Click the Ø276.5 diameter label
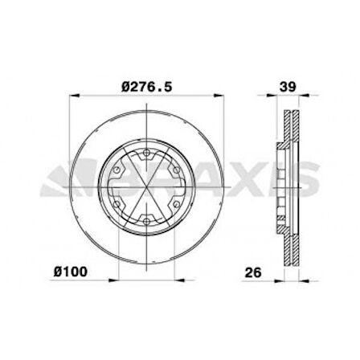[x=146, y=87]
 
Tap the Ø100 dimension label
[x=71, y=272]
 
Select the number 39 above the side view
[x=288, y=87]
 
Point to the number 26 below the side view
[x=253, y=272]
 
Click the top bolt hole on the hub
[x=146, y=153]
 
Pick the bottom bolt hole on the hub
[x=146, y=222]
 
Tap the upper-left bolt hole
[x=117, y=170]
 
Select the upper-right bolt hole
[x=176, y=170]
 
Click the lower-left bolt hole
[x=117, y=205]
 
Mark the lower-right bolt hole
[x=176, y=205]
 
